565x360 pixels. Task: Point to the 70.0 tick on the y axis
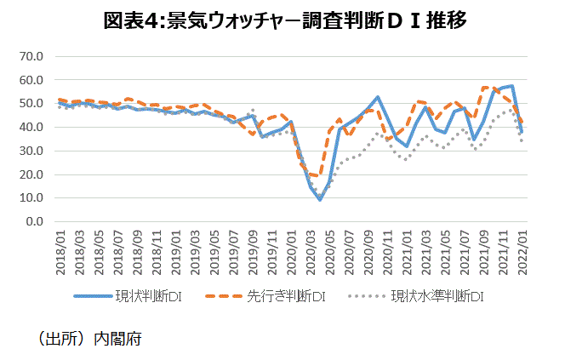tap(31, 57)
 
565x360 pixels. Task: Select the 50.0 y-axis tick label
tap(31, 104)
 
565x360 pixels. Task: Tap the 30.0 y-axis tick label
tap(31, 151)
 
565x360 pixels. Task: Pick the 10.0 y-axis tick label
tap(31, 198)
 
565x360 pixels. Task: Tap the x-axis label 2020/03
tap(311, 249)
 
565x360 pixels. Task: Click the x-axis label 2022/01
tap(523, 249)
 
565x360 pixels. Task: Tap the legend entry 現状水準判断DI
tap(435, 297)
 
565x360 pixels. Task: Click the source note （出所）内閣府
tap(89, 339)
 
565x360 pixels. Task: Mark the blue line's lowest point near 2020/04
tap(320, 199)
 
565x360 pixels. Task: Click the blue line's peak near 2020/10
tap(378, 97)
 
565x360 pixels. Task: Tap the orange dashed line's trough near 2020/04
tap(318, 176)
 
